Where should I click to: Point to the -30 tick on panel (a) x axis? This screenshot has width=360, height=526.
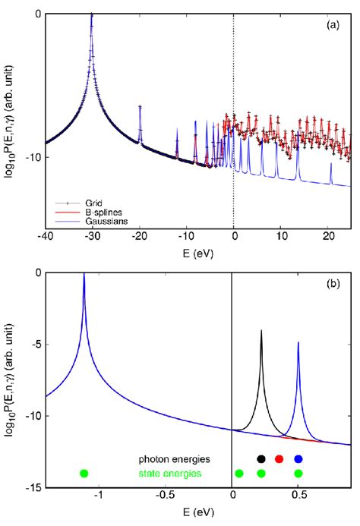click(93, 238)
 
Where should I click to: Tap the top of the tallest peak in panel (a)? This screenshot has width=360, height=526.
click(92, 14)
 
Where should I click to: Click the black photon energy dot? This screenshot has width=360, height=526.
click(261, 458)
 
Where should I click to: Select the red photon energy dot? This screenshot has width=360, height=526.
click(279, 458)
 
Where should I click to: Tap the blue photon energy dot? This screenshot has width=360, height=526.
click(298, 458)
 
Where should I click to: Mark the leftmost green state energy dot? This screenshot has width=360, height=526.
click(84, 474)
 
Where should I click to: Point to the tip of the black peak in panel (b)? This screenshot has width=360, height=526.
click(261, 330)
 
